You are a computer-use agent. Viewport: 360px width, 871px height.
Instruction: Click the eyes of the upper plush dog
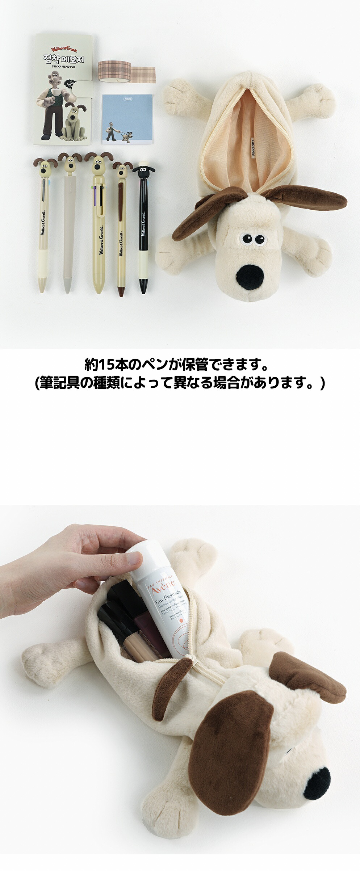pyautogui.click(x=253, y=239)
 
